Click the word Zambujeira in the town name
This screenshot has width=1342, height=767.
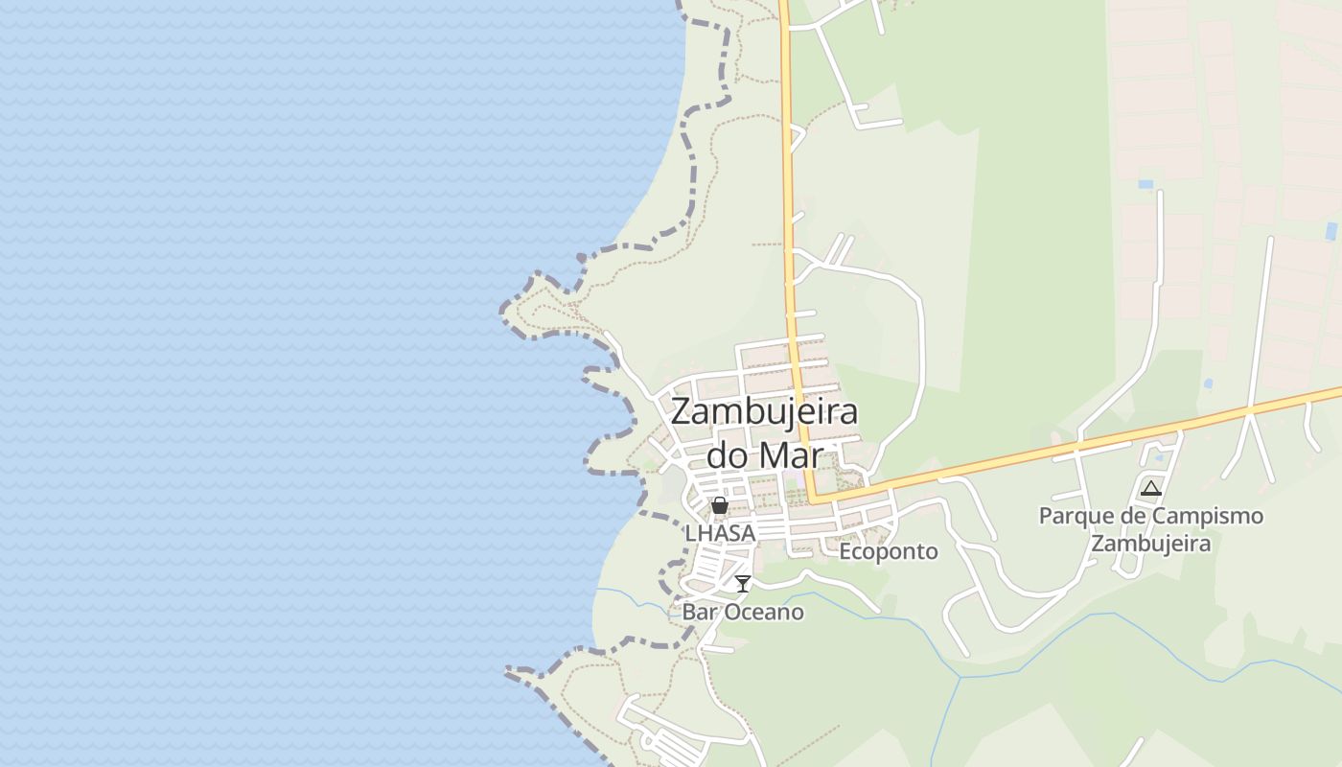click(x=764, y=412)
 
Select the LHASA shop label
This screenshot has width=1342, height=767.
click(x=720, y=532)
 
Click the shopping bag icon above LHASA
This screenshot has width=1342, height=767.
click(x=720, y=505)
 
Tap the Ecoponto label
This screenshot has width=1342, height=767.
click(x=889, y=551)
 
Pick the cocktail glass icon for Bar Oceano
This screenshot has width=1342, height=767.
click(x=743, y=583)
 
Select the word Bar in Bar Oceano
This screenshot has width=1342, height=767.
click(x=699, y=612)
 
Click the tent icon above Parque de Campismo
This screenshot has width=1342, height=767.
click(x=1151, y=488)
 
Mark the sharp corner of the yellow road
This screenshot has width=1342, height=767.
click(x=813, y=499)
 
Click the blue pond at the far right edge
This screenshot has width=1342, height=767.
click(x=1330, y=230)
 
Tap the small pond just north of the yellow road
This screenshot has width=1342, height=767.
click(x=1208, y=383)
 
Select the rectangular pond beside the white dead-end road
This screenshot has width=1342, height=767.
click(x=1145, y=183)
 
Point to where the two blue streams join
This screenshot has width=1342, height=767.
click(x=960, y=679)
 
